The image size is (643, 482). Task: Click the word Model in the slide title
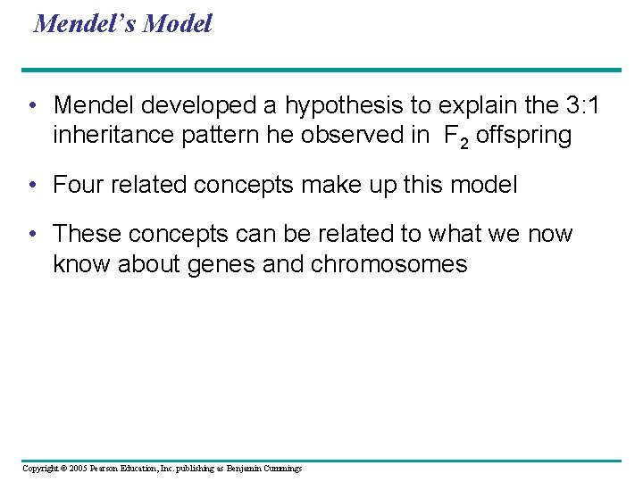[178, 24]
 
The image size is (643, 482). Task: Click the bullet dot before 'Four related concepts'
[32, 186]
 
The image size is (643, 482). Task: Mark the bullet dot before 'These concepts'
[32, 235]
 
